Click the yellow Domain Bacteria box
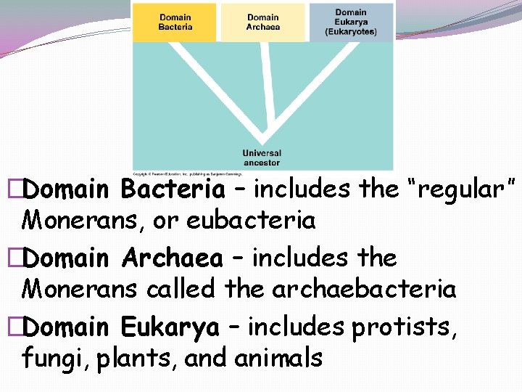(175, 23)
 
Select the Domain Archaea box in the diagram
(262, 23)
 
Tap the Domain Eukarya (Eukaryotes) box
(351, 22)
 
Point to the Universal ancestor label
(261, 158)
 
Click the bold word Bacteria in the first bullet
(173, 189)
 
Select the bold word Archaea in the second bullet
(172, 258)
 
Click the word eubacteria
(251, 220)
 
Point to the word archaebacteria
(364, 289)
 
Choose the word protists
(405, 327)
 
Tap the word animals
(280, 359)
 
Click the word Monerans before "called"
(81, 289)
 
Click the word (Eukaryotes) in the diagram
(351, 32)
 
